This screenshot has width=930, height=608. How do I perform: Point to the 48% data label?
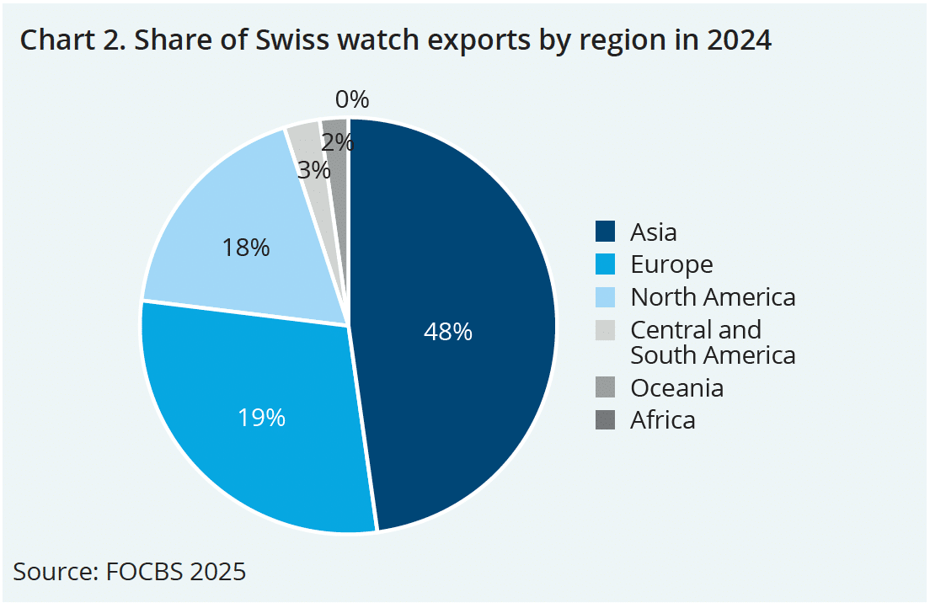[447, 332]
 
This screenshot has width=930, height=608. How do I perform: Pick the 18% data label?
[245, 248]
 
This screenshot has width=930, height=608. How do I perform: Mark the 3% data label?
[313, 170]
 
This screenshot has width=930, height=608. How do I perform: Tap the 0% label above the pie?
[352, 100]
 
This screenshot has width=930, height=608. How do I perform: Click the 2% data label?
[337, 142]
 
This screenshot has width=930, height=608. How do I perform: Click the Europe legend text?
[671, 264]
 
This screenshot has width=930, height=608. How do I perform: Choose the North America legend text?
[713, 297]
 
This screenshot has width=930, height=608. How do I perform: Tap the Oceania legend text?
[676, 387]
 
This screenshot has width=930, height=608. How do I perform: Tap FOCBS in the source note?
[144, 572]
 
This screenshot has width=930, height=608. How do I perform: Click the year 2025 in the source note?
[217, 572]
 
